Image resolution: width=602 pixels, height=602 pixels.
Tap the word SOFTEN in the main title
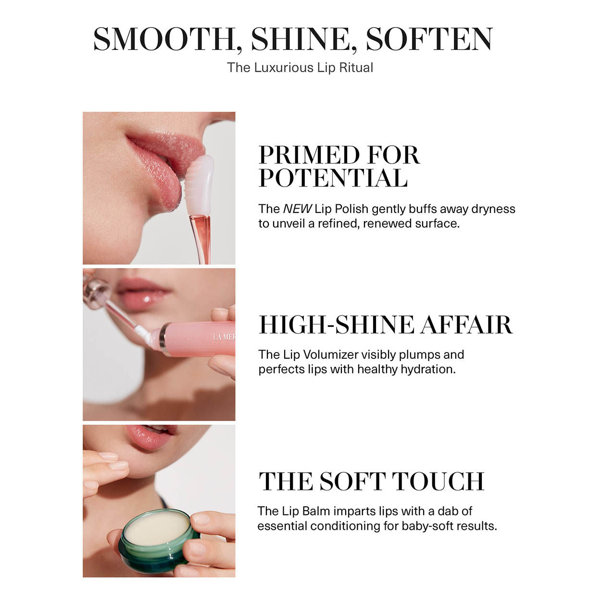(x=429, y=39)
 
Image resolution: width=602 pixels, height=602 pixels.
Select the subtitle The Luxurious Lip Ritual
(x=300, y=67)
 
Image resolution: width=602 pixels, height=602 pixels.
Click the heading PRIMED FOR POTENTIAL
(x=339, y=167)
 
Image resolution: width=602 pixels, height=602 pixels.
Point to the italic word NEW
(x=297, y=209)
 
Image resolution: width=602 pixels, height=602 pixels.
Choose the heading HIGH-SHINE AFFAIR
(x=386, y=325)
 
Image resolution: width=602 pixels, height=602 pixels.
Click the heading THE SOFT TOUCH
(x=371, y=481)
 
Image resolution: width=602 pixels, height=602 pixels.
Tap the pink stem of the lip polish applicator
(x=201, y=236)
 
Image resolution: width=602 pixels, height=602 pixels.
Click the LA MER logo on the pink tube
(x=224, y=337)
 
